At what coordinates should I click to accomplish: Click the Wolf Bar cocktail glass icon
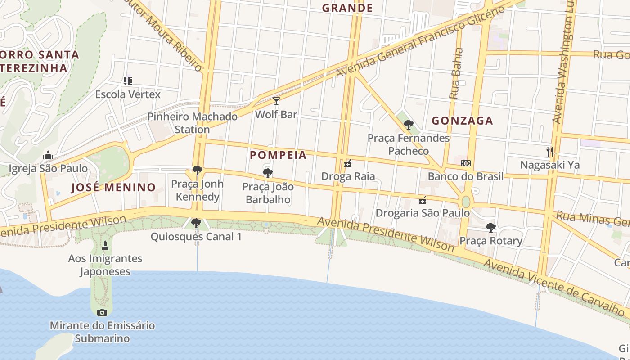click(276, 101)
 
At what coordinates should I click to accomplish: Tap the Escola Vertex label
click(128, 94)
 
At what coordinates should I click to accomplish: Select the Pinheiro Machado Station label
click(193, 123)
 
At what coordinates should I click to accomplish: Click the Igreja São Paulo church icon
click(48, 156)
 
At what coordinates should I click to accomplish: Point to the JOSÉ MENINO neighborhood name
click(113, 188)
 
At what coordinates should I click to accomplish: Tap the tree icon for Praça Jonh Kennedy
click(197, 171)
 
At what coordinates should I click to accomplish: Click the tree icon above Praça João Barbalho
click(268, 173)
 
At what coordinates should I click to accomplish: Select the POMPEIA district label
click(278, 155)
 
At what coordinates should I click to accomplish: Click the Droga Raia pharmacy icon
click(348, 163)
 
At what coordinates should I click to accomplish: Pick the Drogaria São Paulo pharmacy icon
click(423, 200)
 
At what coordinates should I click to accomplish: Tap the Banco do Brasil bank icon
click(466, 163)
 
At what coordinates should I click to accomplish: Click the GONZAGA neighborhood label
click(463, 121)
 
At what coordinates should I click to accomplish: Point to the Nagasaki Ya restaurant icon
click(549, 152)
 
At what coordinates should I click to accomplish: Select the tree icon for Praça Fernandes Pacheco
click(408, 125)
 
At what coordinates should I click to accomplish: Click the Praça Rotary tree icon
click(491, 228)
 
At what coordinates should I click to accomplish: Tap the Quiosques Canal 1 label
click(196, 237)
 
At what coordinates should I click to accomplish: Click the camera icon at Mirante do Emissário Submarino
click(102, 312)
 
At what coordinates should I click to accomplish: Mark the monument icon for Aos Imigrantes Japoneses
click(105, 245)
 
